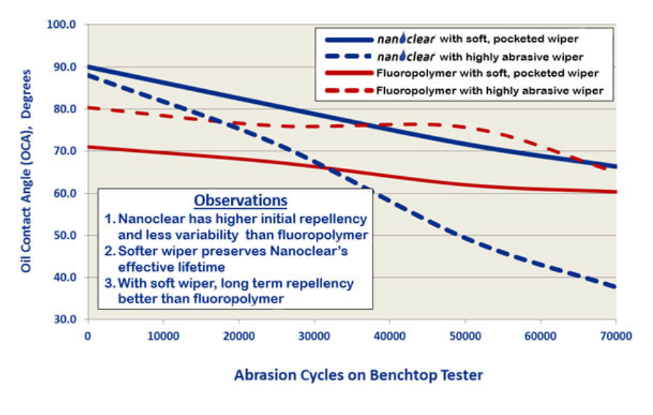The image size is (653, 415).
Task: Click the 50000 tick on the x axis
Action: coord(465,336)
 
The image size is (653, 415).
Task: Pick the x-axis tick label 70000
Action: coord(616,336)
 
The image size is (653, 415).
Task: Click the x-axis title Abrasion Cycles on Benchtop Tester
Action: coord(358,376)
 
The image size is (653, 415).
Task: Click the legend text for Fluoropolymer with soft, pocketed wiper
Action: coord(487,73)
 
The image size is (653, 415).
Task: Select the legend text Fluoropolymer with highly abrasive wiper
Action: coord(489,91)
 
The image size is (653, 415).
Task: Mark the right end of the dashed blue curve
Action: coord(616,287)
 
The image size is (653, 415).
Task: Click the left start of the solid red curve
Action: coord(89,147)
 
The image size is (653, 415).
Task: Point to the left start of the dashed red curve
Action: coord(89,107)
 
